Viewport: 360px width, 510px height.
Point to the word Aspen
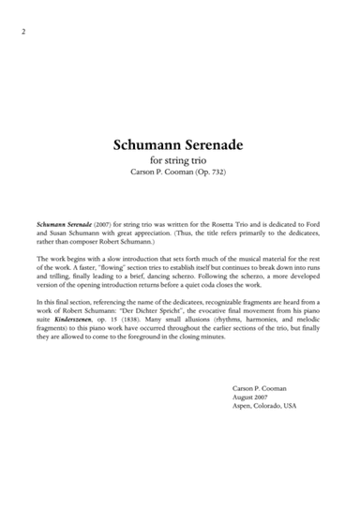(x=242, y=406)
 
